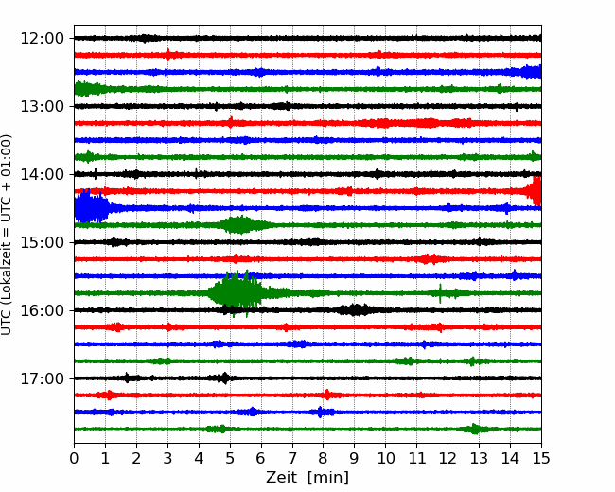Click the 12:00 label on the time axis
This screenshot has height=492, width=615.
pos(42,39)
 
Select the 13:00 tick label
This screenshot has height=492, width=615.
pos(42,106)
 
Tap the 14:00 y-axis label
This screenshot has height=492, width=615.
pos(42,174)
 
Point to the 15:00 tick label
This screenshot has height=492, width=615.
pos(42,242)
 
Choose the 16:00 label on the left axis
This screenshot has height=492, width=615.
pos(42,310)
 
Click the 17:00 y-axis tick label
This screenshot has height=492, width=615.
pos(42,378)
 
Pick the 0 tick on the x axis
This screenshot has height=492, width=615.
pos(74,458)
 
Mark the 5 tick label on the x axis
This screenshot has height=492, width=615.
pos(230,458)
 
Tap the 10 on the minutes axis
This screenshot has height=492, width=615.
pos(386,458)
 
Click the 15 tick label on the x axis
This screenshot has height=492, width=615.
pos(541,458)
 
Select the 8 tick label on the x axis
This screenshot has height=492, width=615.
pos(324,458)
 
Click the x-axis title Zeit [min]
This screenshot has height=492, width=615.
pos(307,478)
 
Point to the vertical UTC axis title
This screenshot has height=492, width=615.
pos(7,235)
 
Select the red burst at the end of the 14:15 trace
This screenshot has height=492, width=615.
pos(535,191)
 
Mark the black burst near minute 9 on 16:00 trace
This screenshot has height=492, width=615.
pos(356,310)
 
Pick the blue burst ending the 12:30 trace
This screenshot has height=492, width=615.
pos(529,72)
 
